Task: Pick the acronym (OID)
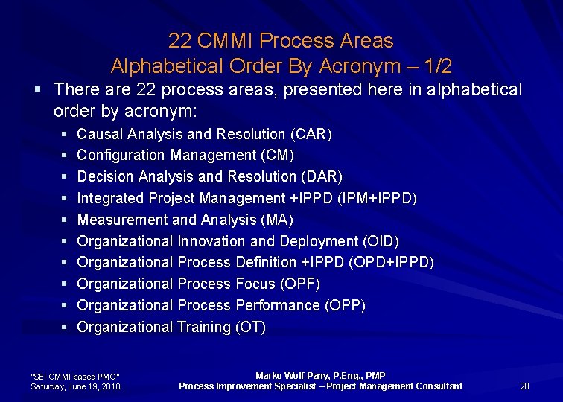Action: [380, 242]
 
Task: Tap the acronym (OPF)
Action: [300, 284]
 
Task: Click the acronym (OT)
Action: [250, 328]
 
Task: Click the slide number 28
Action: [524, 386]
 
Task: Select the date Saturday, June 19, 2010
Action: [76, 386]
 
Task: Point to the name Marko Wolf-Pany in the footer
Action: [287, 376]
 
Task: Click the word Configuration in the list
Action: [121, 156]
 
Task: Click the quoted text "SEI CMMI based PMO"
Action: [75, 376]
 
